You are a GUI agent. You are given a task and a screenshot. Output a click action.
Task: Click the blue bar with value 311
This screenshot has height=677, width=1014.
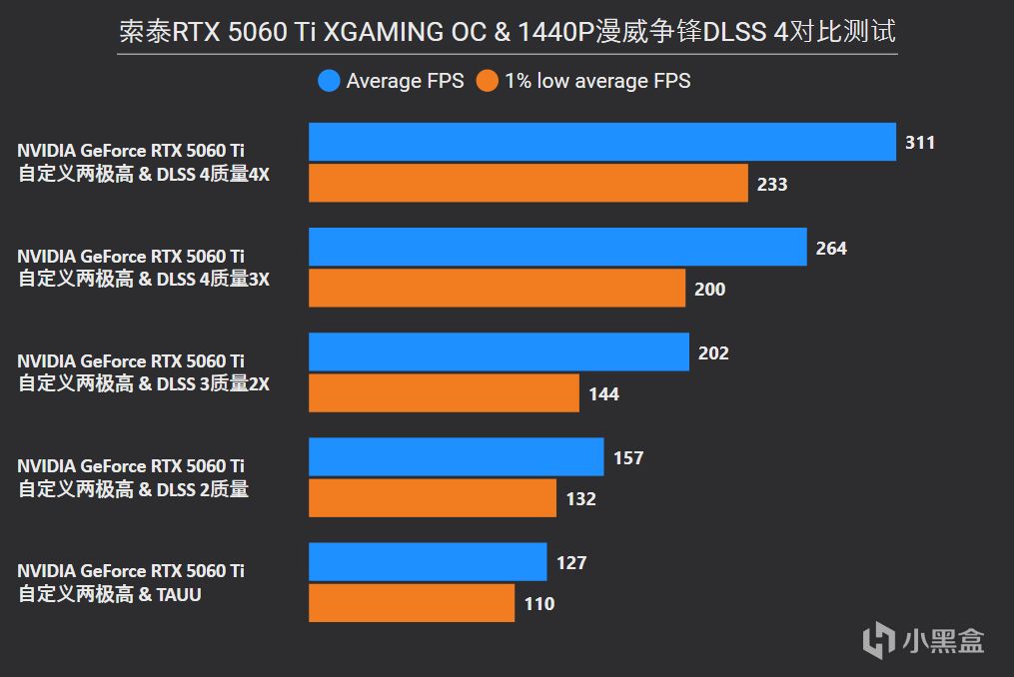click(601, 142)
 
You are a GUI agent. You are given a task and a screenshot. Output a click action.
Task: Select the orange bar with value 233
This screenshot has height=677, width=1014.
click(527, 184)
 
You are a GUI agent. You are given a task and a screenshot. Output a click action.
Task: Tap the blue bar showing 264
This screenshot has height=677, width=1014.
click(557, 247)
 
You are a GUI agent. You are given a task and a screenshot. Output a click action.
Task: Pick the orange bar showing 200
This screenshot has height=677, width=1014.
click(497, 289)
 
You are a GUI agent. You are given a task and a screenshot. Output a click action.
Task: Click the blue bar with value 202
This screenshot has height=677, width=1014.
click(499, 351)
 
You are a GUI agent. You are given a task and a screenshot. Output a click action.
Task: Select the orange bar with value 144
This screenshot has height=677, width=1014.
click(444, 393)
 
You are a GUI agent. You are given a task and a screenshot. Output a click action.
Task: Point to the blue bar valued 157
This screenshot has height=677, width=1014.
click(456, 457)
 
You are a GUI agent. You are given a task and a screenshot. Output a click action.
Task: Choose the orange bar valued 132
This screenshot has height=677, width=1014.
click(432, 498)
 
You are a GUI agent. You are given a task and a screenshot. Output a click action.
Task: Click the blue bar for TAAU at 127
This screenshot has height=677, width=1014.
click(428, 562)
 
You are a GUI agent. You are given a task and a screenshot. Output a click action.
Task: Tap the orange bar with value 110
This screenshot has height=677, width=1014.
click(411, 603)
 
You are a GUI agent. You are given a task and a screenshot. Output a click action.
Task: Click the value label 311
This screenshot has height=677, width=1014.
click(920, 143)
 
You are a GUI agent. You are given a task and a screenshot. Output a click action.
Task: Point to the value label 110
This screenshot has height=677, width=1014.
click(538, 604)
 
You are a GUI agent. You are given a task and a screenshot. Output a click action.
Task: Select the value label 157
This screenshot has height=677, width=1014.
click(628, 458)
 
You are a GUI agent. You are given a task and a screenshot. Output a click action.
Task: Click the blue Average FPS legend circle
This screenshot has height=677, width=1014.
click(329, 81)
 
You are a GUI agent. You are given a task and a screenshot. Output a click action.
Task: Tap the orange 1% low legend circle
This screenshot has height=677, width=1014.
click(488, 81)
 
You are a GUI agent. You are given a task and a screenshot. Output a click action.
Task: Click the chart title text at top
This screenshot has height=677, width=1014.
click(507, 32)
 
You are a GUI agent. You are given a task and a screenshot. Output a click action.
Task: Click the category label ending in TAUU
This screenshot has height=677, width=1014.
click(131, 582)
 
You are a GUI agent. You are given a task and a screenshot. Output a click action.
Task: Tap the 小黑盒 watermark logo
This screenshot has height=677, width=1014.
click(924, 639)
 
